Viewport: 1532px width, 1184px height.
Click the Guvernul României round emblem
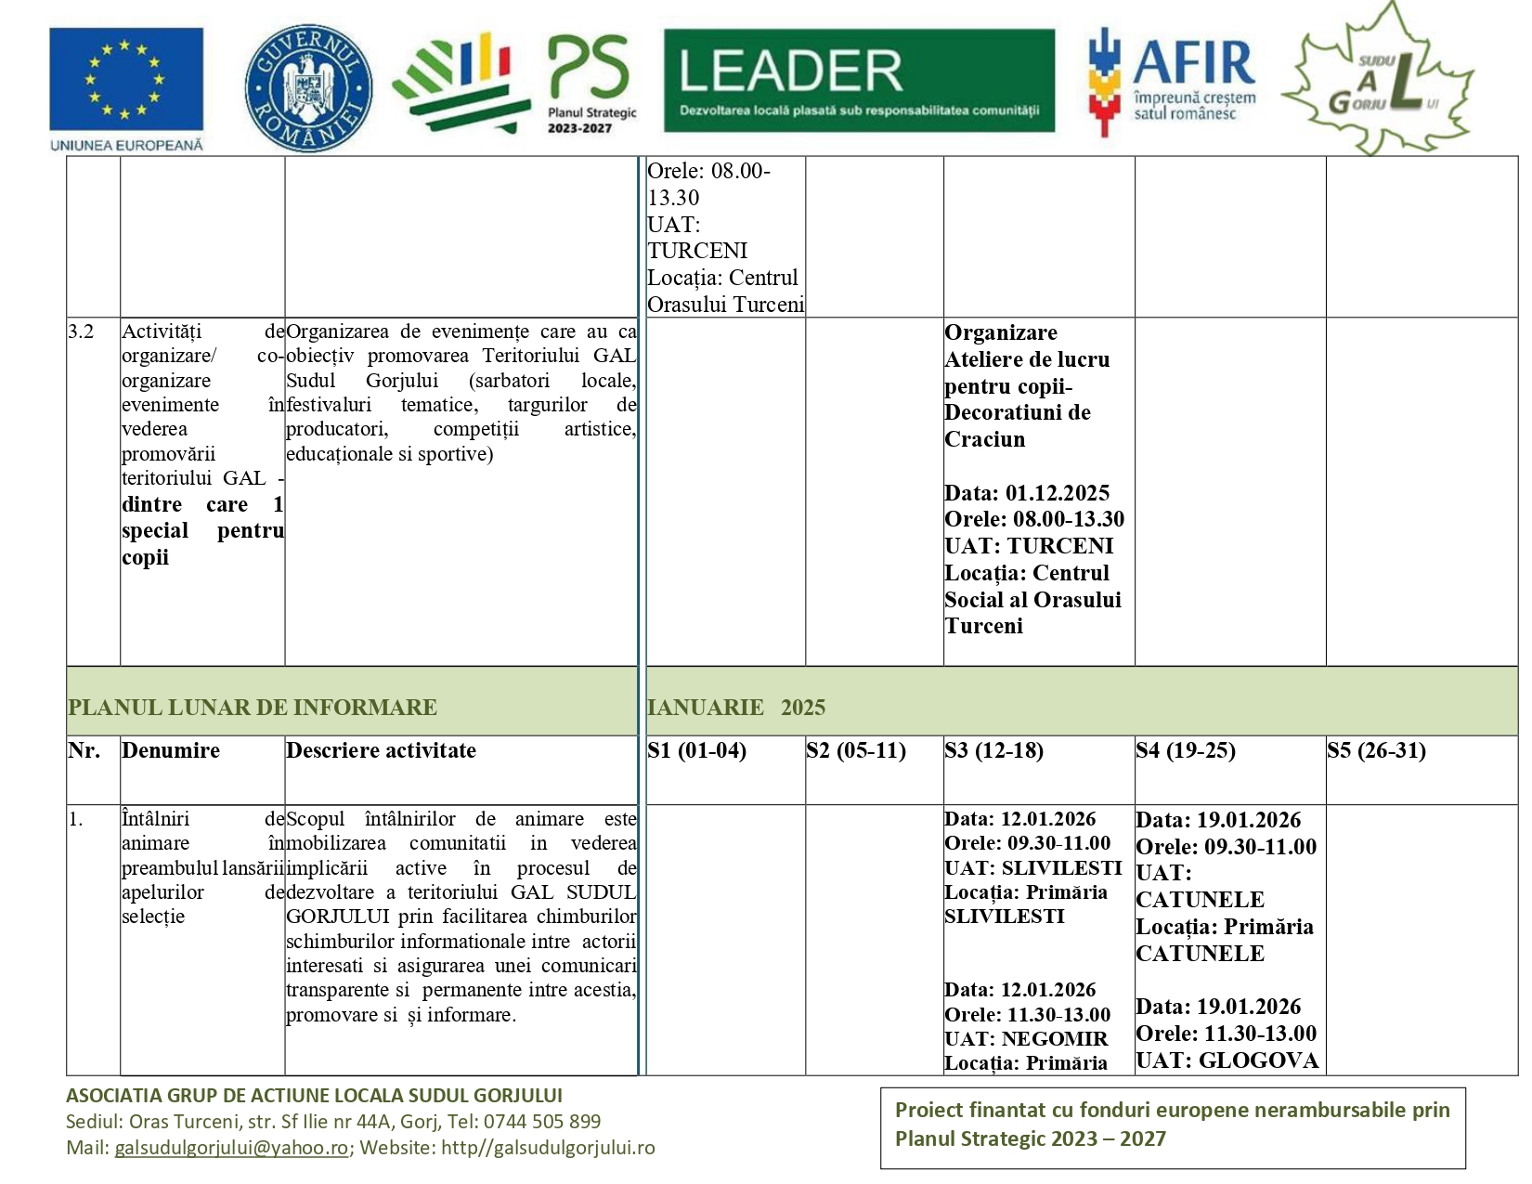point(308,87)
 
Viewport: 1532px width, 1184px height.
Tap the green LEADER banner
point(859,80)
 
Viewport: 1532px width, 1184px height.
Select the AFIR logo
point(1172,82)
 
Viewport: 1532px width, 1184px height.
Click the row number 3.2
point(81,332)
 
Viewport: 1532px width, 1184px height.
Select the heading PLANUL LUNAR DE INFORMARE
point(252,708)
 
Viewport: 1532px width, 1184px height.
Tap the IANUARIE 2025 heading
point(735,708)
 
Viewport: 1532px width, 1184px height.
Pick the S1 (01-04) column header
point(696,750)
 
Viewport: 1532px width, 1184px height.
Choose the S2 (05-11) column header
point(855,750)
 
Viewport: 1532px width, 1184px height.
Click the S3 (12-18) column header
point(993,750)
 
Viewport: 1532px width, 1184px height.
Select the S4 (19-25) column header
point(1185,750)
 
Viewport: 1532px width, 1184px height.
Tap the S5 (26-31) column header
point(1376,750)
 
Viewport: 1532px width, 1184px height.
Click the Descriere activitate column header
point(381,750)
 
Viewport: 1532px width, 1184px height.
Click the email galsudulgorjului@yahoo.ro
point(231,1148)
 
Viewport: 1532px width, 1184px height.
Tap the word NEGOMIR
point(1054,1039)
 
